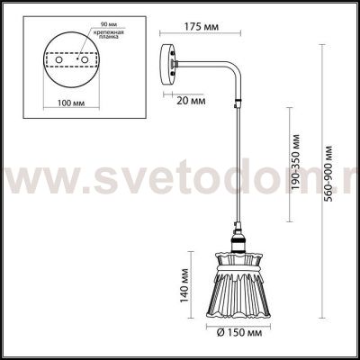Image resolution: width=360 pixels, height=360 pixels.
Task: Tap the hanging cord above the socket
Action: (x=236, y=180)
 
